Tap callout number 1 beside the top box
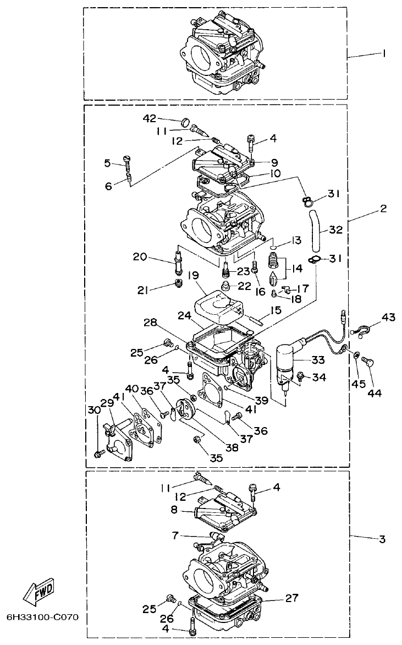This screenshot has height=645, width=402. [384, 54]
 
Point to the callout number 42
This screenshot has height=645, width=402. [150, 118]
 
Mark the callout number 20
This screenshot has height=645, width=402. [140, 256]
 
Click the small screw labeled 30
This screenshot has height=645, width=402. [99, 453]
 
